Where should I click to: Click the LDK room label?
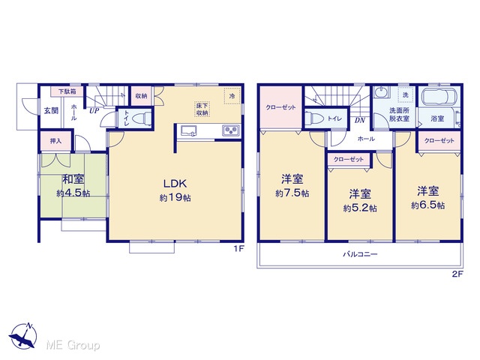(175, 184)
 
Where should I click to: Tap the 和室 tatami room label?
(73, 179)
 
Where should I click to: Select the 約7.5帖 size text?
(292, 193)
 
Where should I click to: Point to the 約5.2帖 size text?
(360, 208)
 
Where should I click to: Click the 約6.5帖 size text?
(428, 205)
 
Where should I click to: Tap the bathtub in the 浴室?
(439, 97)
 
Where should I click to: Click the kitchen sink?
(188, 131)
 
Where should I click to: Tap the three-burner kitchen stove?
(231, 130)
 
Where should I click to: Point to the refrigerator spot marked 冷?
(232, 96)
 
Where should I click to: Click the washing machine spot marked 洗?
(406, 95)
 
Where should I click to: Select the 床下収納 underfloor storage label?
(202, 109)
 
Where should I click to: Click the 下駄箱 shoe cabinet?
(67, 91)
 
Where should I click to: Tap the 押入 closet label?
(55, 141)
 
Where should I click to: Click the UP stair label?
(94, 110)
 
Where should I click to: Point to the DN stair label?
(360, 120)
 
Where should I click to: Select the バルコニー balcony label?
(360, 254)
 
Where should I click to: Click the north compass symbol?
(23, 335)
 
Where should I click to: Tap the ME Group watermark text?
(73, 345)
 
